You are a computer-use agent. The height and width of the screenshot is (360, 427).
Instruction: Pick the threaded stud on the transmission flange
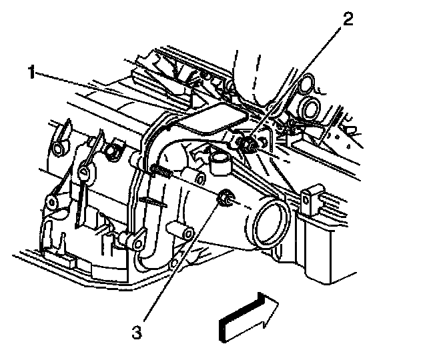point(161,171)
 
